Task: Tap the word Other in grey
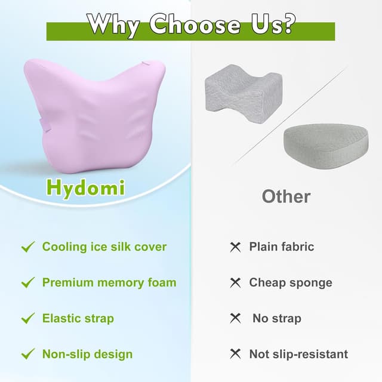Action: point(286,196)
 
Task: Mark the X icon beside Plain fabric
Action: point(235,247)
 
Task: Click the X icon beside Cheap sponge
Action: point(235,282)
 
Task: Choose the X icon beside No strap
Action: point(235,318)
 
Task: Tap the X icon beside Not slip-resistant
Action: point(235,354)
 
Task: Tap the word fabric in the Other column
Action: point(295,247)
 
